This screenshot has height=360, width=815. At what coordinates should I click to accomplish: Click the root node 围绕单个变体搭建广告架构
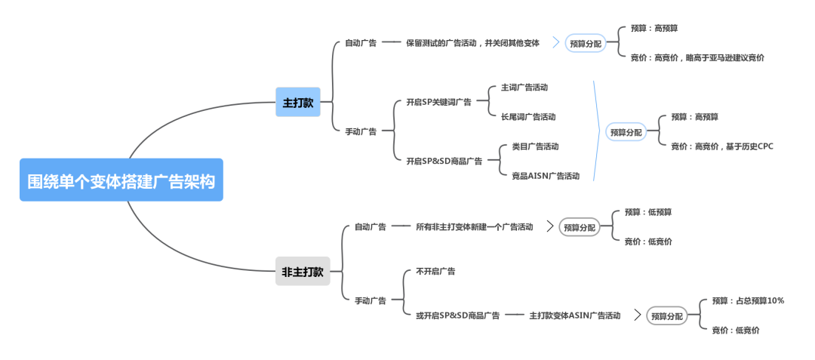click(x=121, y=180)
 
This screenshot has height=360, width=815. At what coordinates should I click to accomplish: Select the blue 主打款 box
click(x=298, y=103)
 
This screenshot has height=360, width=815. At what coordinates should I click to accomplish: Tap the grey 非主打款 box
click(x=303, y=272)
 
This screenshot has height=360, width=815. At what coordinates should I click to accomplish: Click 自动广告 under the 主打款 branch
click(x=361, y=43)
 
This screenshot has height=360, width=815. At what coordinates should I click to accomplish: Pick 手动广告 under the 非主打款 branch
click(x=371, y=300)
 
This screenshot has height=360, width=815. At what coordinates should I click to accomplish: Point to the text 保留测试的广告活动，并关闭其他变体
click(x=472, y=43)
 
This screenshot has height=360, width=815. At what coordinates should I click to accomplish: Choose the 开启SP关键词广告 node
click(x=438, y=102)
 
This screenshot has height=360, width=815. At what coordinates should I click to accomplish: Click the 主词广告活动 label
click(x=524, y=88)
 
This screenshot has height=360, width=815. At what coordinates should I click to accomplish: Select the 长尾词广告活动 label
click(x=528, y=117)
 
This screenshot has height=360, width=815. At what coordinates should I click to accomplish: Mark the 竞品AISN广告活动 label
click(x=540, y=176)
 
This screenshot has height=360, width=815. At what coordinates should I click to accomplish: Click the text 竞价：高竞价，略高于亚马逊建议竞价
click(x=697, y=57)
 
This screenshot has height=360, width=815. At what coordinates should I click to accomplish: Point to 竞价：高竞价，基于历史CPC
click(x=722, y=146)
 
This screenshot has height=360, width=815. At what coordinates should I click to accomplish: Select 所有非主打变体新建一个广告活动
click(x=474, y=226)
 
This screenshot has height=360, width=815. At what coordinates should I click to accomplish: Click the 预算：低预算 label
click(x=648, y=212)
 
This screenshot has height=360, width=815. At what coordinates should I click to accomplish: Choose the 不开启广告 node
click(x=435, y=271)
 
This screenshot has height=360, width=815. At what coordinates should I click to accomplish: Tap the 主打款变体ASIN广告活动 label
click(x=575, y=315)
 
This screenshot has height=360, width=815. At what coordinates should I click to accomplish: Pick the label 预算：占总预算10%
click(x=748, y=301)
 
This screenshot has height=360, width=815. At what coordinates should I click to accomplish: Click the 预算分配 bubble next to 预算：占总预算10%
click(x=668, y=316)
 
